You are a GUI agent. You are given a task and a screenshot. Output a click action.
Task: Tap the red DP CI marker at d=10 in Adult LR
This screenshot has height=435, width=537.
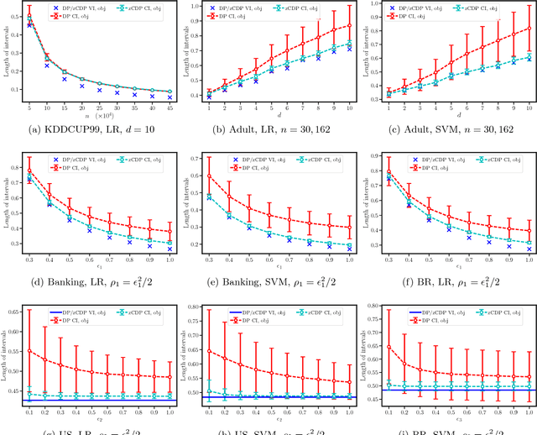click(x=350, y=25)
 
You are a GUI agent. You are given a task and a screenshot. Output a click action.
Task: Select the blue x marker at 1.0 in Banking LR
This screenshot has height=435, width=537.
click(x=171, y=249)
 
